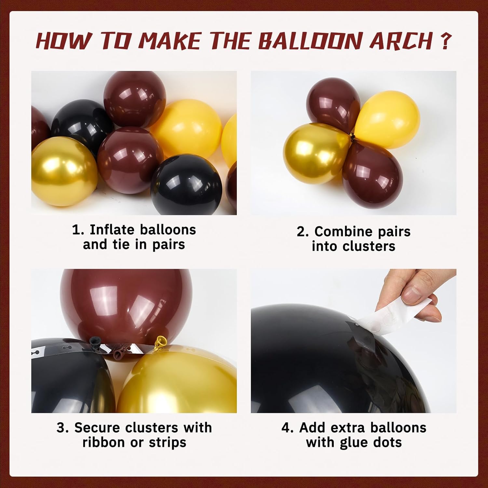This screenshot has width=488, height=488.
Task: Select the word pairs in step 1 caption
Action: (x=169, y=245)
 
